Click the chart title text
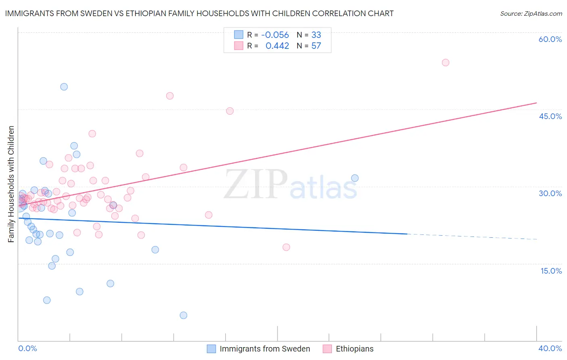199,13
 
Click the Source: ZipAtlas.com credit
531,13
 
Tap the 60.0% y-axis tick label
550,39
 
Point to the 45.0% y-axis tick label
550,116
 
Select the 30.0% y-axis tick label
550,193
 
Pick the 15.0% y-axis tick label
551,271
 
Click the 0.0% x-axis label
27,348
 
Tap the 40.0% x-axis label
550,348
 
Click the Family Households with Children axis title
11,184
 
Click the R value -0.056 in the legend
275,35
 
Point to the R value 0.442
277,46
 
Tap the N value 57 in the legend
316,46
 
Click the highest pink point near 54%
445,63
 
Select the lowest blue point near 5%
183,315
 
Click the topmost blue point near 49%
64,87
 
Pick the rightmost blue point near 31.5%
355,178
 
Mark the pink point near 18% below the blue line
286,247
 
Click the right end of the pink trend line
536,103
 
